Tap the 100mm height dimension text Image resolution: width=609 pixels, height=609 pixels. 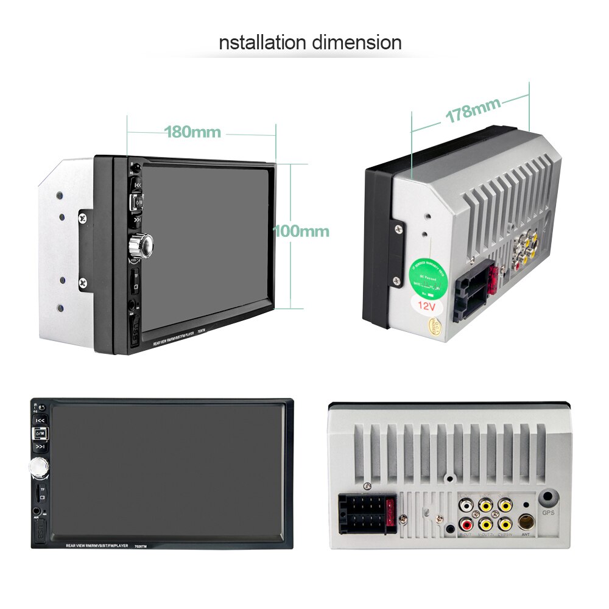(x=301, y=231)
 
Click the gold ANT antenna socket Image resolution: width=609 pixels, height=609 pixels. (x=526, y=522)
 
